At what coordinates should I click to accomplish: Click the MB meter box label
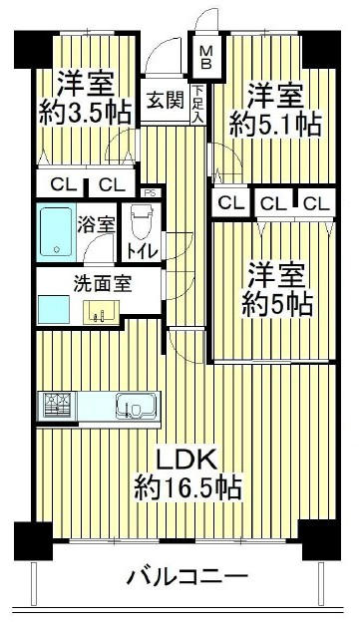coord(205,57)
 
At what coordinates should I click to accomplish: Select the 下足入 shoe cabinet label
coord(198,104)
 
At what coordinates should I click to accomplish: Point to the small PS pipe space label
coord(151,193)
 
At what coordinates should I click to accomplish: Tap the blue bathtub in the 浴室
coord(56,232)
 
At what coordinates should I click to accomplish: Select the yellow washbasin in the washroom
coord(101,312)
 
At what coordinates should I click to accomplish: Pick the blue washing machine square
coord(54,310)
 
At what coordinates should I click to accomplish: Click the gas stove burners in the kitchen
coord(57,405)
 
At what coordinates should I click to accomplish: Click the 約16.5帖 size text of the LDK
coord(187,487)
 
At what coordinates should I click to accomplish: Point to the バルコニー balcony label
coord(187,576)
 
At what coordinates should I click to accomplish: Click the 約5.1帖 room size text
coord(275,126)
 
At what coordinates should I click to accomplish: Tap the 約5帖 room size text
coord(277,304)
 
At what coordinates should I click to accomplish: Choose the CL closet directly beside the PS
coord(112,184)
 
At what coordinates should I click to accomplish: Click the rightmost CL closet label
coord(316,204)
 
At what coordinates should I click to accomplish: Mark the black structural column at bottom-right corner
coord(321,539)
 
